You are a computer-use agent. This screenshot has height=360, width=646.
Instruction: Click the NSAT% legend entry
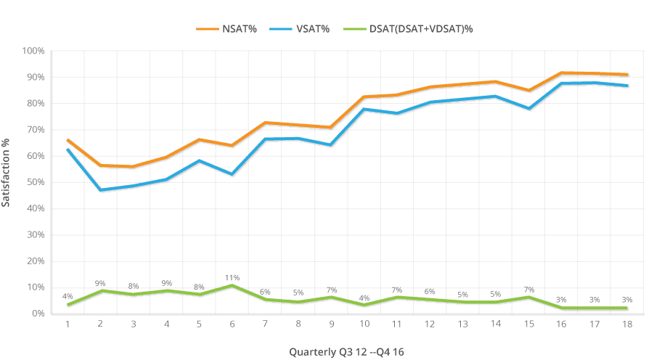226,29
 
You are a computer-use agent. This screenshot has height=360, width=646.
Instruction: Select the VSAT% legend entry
300,29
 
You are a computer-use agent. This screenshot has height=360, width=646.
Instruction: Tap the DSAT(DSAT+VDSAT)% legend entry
408,29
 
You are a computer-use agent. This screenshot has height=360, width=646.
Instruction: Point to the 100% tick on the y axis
33,51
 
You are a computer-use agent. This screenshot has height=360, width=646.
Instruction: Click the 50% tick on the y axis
36,182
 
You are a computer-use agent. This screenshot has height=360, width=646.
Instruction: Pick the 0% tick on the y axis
38,314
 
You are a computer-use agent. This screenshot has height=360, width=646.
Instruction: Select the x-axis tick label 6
232,324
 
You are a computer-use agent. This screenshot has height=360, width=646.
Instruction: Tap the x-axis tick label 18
627,324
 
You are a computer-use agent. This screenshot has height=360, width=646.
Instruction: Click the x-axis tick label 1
68,324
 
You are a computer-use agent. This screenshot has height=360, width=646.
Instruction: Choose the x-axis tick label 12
430,324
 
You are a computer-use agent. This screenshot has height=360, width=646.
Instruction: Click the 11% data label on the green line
232,277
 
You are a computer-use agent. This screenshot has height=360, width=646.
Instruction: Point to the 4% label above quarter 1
68,296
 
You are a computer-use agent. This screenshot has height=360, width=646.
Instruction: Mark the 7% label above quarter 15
529,290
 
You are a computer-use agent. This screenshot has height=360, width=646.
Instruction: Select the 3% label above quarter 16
561,300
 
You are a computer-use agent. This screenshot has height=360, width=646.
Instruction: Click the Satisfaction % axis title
5,173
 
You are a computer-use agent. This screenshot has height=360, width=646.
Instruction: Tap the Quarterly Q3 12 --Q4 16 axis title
346,352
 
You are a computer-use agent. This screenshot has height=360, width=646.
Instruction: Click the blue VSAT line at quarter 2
100,190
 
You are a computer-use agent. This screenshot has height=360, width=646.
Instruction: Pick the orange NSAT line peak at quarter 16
561,73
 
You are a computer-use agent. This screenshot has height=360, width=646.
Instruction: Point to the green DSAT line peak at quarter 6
232,285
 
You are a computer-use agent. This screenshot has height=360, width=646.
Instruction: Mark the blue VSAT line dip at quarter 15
529,108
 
